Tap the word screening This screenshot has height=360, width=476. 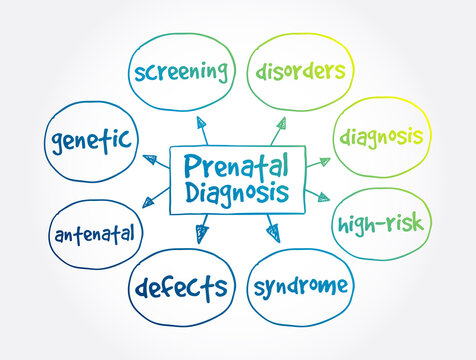(181, 71)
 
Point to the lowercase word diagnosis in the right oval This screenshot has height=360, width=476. (381, 136)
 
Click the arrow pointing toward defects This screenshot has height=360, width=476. (202, 232)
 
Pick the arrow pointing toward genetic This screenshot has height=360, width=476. (152, 159)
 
